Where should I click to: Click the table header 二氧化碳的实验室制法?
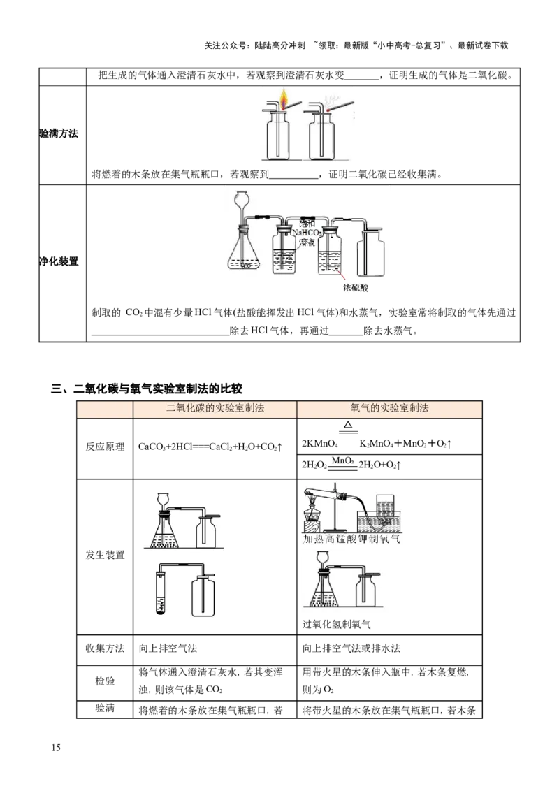(x=215, y=409)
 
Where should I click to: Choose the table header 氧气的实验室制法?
(x=389, y=409)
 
